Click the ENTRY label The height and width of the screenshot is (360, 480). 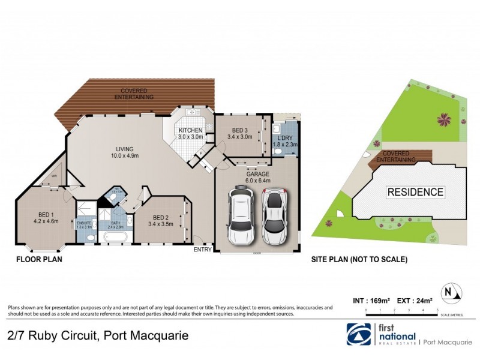[202, 250]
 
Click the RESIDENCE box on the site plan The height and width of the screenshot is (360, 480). [415, 193]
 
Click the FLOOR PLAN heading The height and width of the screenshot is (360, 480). [39, 260]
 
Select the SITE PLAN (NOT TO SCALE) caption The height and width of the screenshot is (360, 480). [359, 260]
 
